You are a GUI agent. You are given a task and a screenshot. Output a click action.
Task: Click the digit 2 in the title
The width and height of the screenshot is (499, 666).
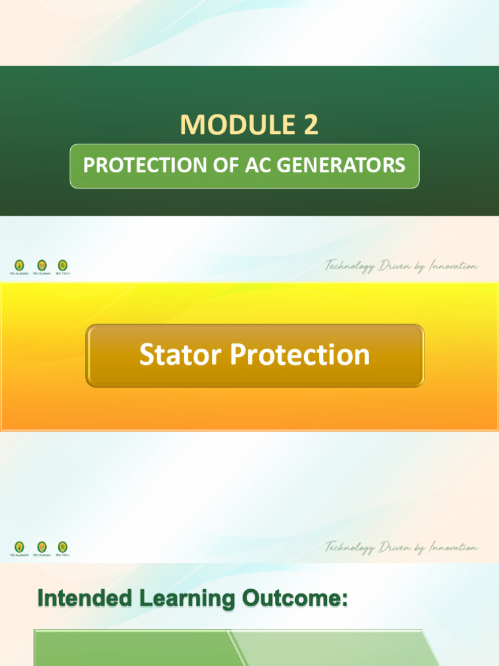310,124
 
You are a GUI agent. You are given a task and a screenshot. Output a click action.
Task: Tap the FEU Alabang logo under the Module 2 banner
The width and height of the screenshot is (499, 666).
19,265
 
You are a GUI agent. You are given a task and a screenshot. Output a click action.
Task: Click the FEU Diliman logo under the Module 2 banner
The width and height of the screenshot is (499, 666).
42,265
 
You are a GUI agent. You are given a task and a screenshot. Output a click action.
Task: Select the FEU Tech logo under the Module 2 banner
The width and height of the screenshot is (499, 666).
62,265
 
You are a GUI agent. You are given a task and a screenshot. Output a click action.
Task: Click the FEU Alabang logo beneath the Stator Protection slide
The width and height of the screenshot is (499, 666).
19,547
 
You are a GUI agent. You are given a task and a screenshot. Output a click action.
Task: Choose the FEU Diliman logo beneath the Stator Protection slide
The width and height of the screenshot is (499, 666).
42,547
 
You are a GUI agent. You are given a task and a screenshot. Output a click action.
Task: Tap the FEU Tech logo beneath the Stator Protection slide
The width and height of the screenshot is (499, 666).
62,547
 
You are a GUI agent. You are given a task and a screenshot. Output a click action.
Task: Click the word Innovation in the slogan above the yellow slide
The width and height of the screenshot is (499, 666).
453,266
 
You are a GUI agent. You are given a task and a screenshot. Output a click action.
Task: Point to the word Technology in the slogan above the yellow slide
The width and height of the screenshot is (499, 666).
350,267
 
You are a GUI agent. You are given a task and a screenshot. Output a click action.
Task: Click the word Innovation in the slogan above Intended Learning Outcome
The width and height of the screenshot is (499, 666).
453,548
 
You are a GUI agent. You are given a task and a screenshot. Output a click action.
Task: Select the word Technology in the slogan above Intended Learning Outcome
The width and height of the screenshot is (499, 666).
350,548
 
